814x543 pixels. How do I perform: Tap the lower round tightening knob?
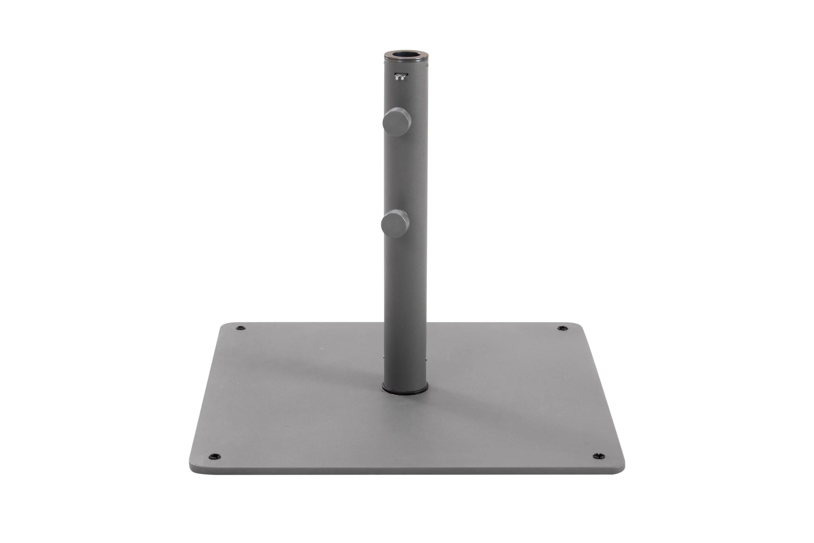[x=395, y=224]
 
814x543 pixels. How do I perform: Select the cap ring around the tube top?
[x=406, y=59]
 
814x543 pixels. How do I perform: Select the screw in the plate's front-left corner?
[x=215, y=456]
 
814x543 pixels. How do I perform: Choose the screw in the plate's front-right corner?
[x=598, y=456]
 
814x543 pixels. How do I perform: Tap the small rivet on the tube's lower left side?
[x=384, y=357]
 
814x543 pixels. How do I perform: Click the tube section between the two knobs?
[x=406, y=173]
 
